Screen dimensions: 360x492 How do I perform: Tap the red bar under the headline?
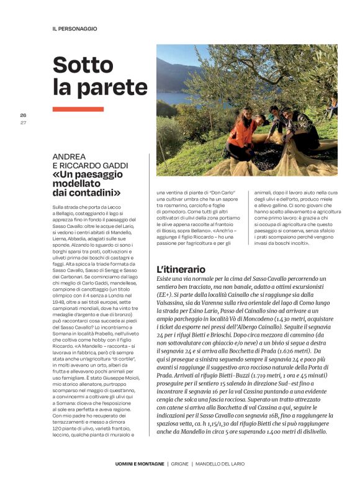coord(78,109)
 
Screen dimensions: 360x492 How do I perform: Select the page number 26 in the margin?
coord(23,116)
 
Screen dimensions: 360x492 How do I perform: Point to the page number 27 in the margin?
coord(23,122)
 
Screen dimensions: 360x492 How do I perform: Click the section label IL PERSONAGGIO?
coord(74,29)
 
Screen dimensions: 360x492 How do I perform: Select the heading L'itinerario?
coord(181,270)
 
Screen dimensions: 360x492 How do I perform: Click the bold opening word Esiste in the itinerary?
coord(164,281)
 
